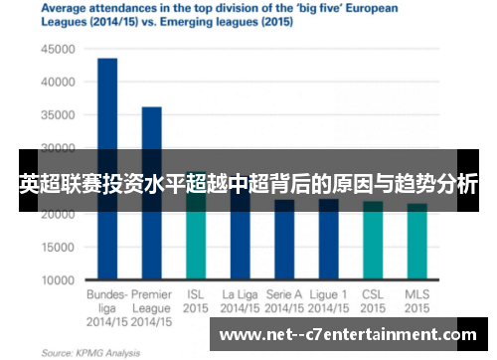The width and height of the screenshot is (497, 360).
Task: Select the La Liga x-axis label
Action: (x=240, y=294)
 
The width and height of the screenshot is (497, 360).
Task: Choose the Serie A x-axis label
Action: (x=284, y=294)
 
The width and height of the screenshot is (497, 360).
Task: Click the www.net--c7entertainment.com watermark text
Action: (x=353, y=334)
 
